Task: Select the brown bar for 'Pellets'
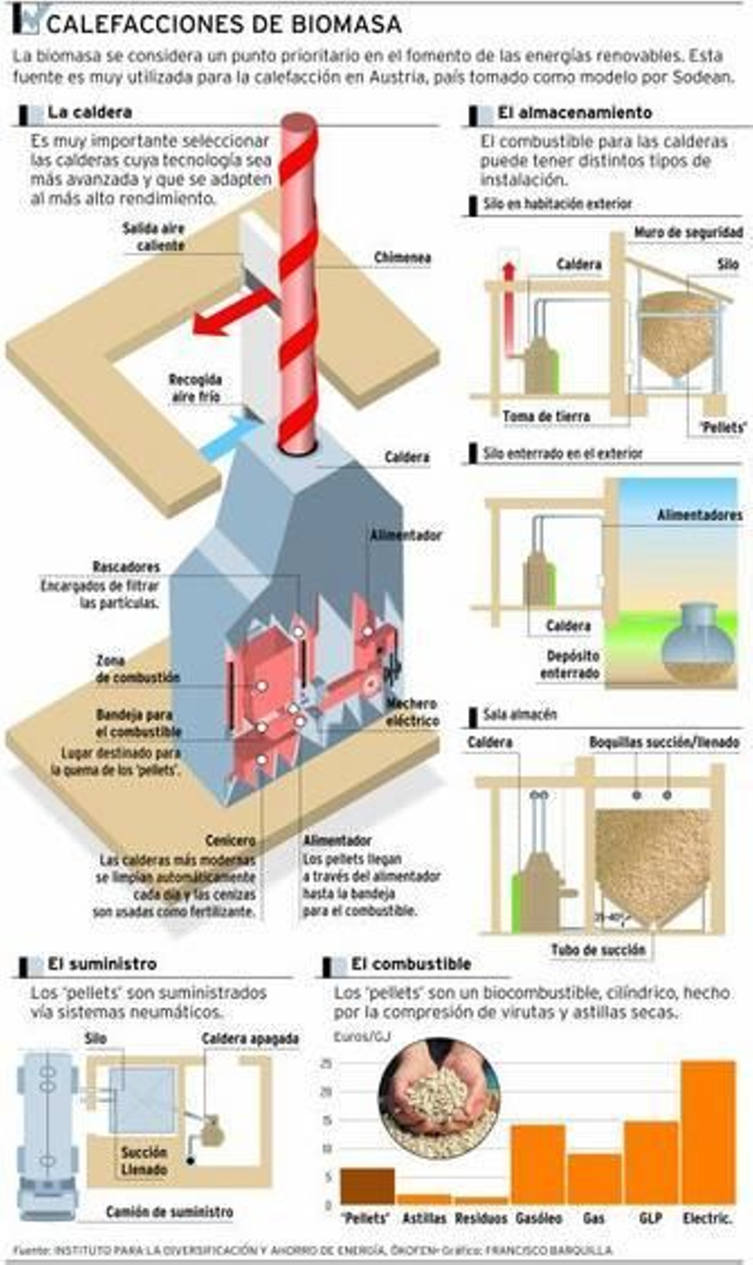coord(367,1186)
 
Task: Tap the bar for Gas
coord(594,1179)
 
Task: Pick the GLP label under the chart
coord(650,1218)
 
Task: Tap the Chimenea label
coord(402,258)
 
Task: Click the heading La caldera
coord(89,112)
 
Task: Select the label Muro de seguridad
coord(688,233)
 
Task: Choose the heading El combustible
coord(410,964)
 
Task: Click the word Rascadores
coord(126,566)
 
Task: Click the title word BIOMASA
coord(346,24)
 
